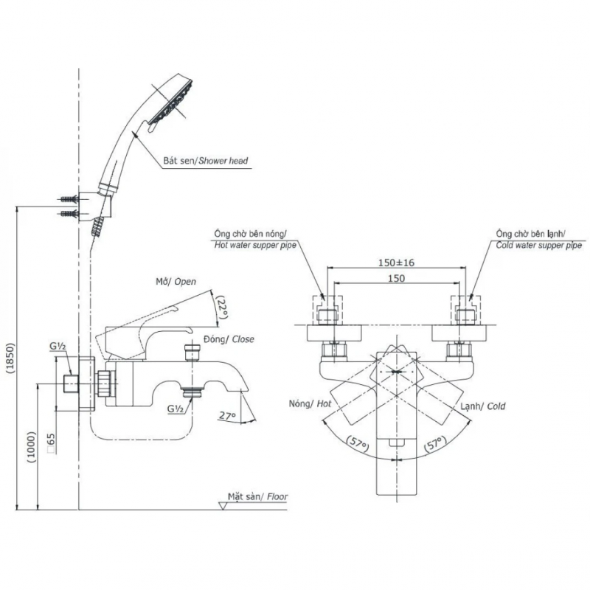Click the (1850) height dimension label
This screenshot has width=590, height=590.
10,359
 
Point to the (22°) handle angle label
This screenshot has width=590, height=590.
221,309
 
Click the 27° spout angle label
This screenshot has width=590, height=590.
228,417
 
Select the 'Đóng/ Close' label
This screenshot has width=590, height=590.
230,339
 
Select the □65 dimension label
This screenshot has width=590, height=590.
49,442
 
